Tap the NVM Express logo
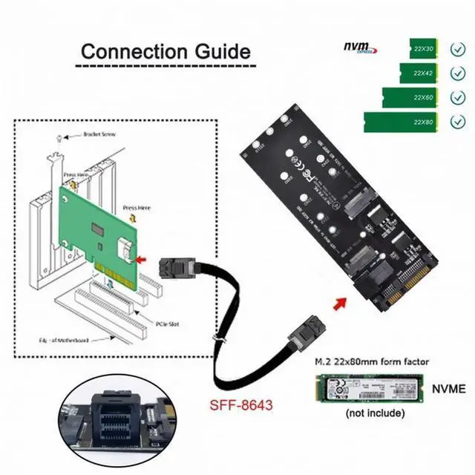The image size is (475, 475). tap(358, 47)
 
